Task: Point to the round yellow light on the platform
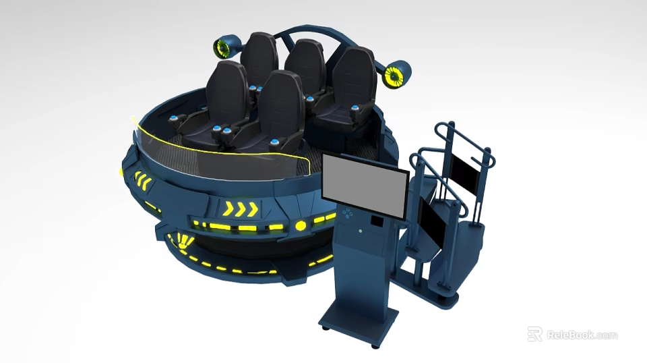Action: (x=301, y=225)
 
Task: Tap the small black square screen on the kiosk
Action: (x=377, y=221)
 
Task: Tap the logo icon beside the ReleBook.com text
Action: (x=534, y=334)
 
